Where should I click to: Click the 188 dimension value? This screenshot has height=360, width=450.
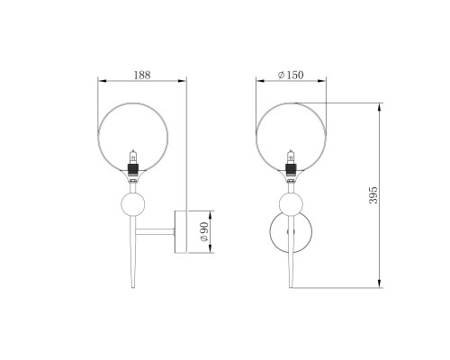pos(142,75)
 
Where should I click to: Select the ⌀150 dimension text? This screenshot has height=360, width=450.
pos(291,75)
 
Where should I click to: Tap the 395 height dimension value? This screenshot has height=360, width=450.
pos(373,195)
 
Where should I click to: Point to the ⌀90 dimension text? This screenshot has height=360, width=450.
pos(204,232)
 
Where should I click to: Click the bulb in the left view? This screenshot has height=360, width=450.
pos(133,157)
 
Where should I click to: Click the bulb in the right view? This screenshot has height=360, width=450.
pos(291,157)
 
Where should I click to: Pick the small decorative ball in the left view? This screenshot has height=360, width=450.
pos(133,204)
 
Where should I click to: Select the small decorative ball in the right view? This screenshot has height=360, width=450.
pos(291,204)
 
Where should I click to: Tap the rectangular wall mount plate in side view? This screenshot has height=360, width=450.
pos(181,232)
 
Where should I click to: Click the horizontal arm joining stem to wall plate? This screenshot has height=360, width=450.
pos(155,231)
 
